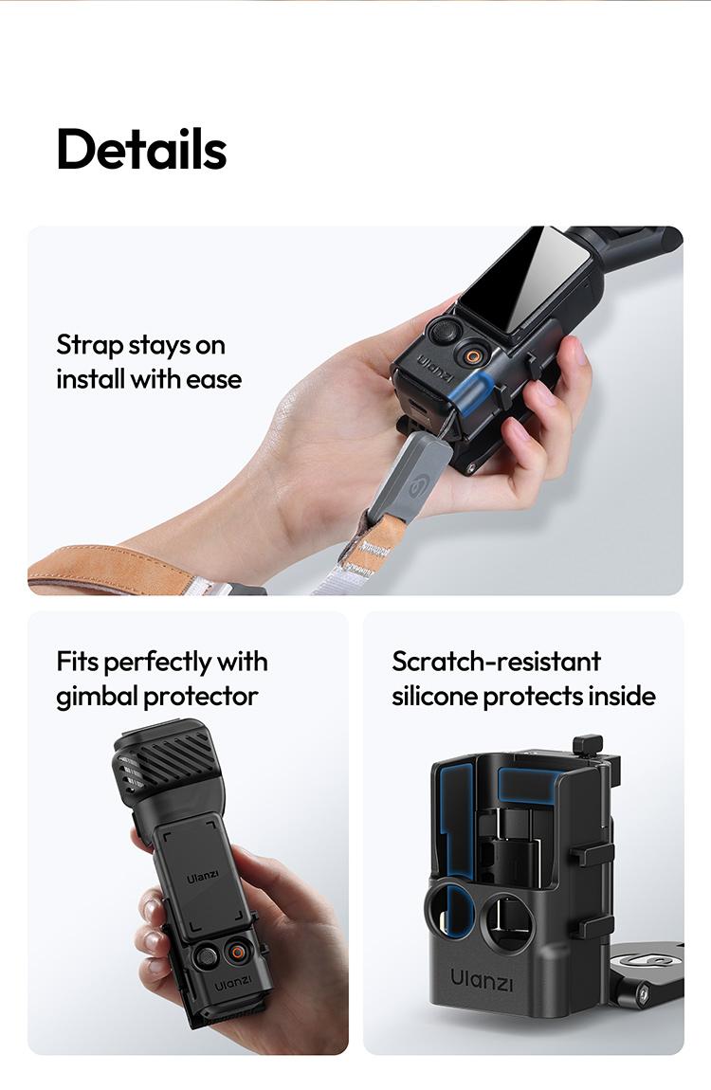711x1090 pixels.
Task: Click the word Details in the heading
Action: (141, 149)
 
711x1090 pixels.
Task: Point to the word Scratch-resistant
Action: (496, 661)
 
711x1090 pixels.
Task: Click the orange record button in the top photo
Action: (470, 355)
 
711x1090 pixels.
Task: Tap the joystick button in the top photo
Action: (444, 332)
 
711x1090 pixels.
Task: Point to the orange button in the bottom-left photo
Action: (235, 951)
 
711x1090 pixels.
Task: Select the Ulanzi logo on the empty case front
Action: (482, 979)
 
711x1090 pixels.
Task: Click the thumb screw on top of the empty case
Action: (588, 745)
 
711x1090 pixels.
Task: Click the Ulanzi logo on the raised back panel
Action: (202, 876)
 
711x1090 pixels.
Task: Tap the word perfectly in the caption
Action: (158, 661)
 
